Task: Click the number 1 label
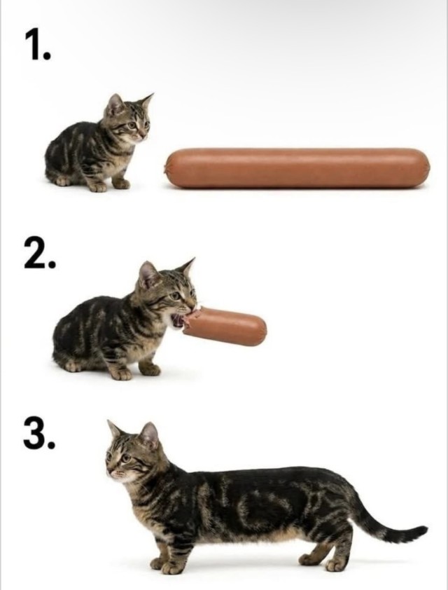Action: point(37,44)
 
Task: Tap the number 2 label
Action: point(39,254)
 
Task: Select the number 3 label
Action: point(39,434)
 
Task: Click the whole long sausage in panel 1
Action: point(297,168)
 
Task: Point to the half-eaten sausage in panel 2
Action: point(225,326)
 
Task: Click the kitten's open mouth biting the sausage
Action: point(179,320)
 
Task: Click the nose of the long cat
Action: point(108,472)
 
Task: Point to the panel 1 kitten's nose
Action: point(144,135)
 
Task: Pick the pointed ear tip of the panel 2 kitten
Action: point(194,259)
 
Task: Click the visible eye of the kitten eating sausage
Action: point(175,296)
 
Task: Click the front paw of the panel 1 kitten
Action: point(98,186)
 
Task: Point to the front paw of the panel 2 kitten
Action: point(121,373)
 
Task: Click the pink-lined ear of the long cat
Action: point(149,436)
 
